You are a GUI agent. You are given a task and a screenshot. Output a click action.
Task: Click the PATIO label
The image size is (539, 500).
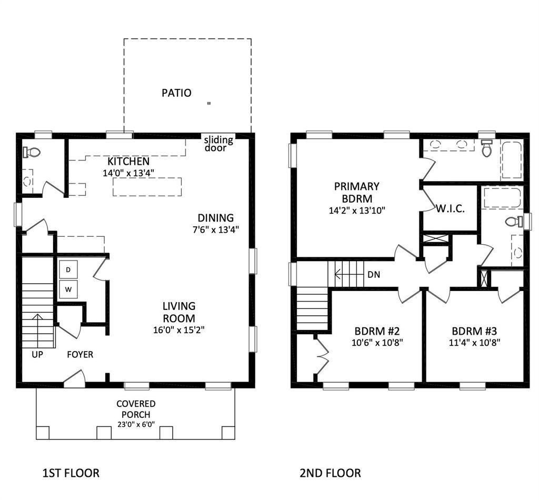(x=176, y=93)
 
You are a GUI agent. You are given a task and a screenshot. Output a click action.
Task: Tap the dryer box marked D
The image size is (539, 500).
(x=68, y=269)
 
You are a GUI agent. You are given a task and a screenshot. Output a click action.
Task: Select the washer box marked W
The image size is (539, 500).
(x=68, y=289)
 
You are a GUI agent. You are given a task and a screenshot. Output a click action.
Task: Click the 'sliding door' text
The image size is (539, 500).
(x=218, y=144)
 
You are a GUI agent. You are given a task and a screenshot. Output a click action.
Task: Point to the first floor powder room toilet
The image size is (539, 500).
(x=32, y=152)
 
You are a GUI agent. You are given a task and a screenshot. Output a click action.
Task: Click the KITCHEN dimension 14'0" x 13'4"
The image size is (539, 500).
(x=128, y=173)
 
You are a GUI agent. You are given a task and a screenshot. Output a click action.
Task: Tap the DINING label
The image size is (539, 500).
(x=215, y=218)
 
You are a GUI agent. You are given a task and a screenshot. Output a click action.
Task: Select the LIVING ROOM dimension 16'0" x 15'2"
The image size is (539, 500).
(x=179, y=330)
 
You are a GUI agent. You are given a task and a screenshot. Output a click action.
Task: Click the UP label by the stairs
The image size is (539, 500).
(x=37, y=354)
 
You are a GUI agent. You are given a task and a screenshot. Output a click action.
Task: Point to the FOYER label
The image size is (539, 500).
(x=80, y=354)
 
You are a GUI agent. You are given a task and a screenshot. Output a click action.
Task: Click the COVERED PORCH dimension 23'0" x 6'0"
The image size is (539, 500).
(x=136, y=424)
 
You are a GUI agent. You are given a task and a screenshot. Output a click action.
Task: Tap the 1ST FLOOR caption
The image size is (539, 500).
(x=71, y=473)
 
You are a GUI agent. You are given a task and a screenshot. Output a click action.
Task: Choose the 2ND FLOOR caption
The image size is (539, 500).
(x=331, y=473)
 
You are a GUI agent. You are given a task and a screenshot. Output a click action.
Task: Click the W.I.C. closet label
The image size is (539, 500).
(x=451, y=208)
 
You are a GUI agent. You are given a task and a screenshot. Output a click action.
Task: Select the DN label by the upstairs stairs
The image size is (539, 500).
(x=374, y=275)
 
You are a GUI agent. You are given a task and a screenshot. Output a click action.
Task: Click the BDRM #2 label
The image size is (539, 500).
(x=377, y=331)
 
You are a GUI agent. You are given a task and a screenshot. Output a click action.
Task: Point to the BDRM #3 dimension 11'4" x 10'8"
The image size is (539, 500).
(x=474, y=343)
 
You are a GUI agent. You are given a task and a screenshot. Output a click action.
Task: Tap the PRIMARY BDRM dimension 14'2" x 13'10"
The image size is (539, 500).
(x=357, y=211)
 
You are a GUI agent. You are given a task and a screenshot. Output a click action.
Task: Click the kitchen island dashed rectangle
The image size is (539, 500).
(x=147, y=187)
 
